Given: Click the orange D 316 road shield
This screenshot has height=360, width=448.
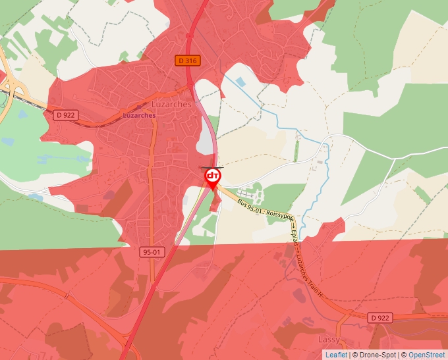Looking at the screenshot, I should [187, 61].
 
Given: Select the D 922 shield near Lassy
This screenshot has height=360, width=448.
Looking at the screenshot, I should [379, 317].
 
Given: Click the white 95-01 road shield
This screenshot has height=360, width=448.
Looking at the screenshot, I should [150, 251].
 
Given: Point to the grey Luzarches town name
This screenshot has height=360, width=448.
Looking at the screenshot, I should [171, 104].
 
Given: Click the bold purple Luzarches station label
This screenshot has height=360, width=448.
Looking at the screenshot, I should [139, 115].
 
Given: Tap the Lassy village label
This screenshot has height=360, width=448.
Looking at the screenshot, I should [329, 339].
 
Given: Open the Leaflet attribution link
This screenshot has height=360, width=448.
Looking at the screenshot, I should [336, 355].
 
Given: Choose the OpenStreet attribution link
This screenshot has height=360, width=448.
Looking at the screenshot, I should [428, 355].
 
